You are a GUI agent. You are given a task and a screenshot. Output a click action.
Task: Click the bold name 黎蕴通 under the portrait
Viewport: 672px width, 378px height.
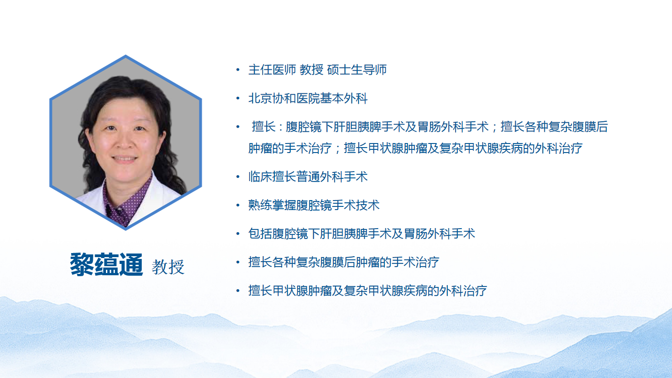pyautogui.click(x=106, y=264)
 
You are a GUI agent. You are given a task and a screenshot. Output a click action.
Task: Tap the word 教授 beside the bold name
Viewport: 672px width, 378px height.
pyautogui.click(x=168, y=267)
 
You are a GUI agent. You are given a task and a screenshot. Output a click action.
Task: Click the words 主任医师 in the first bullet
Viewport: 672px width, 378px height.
pyautogui.click(x=272, y=70)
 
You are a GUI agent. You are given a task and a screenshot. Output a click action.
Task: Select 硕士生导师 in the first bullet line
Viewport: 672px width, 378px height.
pyautogui.click(x=357, y=70)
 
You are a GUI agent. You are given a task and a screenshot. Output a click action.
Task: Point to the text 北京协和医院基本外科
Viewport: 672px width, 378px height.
pyautogui.click(x=308, y=98)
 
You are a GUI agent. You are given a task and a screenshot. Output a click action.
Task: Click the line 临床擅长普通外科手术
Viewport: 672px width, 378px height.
pyautogui.click(x=308, y=177)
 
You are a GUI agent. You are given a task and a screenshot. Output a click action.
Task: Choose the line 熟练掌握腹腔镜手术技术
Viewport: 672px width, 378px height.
pyautogui.click(x=314, y=205)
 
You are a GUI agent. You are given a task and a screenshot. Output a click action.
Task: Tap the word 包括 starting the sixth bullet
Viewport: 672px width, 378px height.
pyautogui.click(x=260, y=234)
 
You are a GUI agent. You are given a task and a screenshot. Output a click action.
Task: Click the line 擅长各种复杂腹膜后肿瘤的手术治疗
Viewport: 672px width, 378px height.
pyautogui.click(x=344, y=262)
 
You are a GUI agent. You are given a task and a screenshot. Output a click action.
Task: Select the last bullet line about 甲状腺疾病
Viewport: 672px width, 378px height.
pyautogui.click(x=368, y=291)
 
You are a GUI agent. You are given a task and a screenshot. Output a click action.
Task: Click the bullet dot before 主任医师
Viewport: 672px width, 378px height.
pyautogui.click(x=238, y=70)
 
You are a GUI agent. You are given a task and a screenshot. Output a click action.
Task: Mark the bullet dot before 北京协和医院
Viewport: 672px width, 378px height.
pyautogui.click(x=238, y=98)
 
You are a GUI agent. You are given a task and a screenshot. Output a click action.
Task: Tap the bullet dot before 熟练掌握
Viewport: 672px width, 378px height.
pyautogui.click(x=238, y=205)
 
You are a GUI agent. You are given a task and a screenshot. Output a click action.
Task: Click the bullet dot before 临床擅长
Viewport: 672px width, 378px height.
pyautogui.click(x=238, y=177)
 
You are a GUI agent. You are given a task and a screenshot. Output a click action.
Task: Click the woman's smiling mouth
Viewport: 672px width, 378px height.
pyautogui.click(x=125, y=158)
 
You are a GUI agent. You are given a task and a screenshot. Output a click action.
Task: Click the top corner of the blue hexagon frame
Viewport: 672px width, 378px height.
pyautogui.click(x=125, y=56)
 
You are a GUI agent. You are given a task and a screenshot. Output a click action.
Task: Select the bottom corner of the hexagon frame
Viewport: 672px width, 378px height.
pyautogui.click(x=125, y=229)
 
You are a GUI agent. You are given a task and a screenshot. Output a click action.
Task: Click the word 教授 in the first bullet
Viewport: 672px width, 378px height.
pyautogui.click(x=312, y=70)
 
